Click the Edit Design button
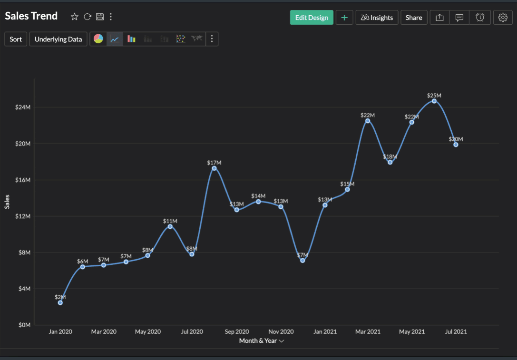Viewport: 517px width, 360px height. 312,18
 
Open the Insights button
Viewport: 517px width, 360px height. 377,18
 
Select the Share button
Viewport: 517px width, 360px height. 414,18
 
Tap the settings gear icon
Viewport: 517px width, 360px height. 503,18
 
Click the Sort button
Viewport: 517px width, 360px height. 16,39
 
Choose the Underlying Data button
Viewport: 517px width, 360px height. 59,39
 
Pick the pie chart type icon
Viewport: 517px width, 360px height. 98,39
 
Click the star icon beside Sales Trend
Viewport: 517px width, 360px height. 75,17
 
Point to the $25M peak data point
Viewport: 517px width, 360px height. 434,101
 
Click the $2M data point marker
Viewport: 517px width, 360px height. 60,302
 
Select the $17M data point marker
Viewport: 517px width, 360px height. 214,168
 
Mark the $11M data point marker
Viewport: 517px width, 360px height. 170,226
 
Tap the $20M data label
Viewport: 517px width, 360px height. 456,139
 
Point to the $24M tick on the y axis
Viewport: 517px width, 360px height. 23,107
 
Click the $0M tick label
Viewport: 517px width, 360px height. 24,325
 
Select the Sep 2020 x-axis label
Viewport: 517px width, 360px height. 236,331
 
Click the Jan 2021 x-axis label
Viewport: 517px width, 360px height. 325,331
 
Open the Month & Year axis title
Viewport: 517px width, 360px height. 261,341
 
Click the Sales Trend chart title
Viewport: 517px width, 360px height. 31,16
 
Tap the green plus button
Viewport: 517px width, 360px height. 344,18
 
